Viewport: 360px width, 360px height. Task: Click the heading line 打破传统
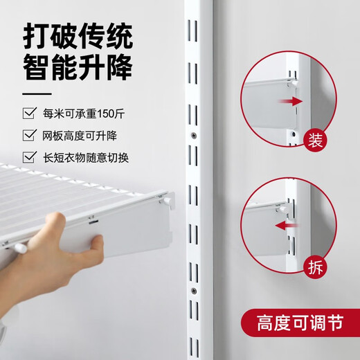[x=78, y=35]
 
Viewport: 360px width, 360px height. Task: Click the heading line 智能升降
[x=78, y=68]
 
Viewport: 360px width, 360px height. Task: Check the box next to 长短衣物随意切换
[x=28, y=156]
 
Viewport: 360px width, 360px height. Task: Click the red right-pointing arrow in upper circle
[x=294, y=101]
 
